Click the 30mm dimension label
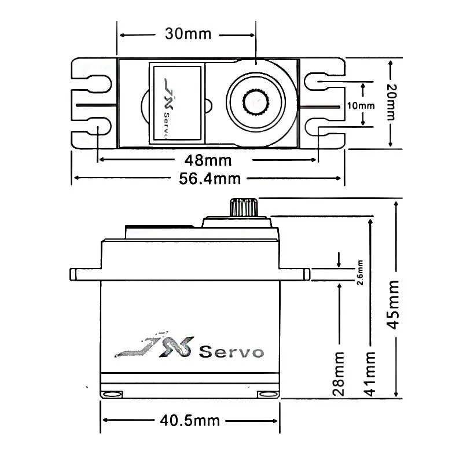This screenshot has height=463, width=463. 187,34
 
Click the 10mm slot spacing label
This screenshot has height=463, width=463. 363,105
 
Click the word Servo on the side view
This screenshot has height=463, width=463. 231,352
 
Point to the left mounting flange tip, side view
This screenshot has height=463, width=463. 74,273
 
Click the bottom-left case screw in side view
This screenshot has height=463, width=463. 112,394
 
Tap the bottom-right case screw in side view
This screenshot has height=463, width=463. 268,394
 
